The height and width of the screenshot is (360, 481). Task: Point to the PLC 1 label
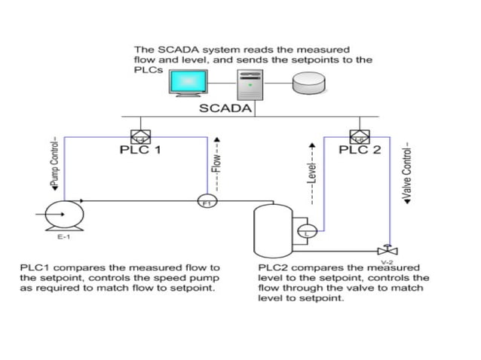(x=140, y=150)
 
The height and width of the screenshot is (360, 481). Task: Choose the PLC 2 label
(x=360, y=150)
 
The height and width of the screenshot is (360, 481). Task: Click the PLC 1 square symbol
(x=139, y=136)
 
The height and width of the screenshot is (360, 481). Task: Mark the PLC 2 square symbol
(x=359, y=136)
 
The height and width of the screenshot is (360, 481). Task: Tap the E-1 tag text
(x=63, y=237)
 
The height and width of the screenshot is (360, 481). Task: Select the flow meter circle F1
(x=205, y=201)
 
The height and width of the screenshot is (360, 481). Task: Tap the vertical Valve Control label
(x=406, y=172)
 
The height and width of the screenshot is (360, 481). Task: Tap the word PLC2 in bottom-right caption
(x=273, y=267)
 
